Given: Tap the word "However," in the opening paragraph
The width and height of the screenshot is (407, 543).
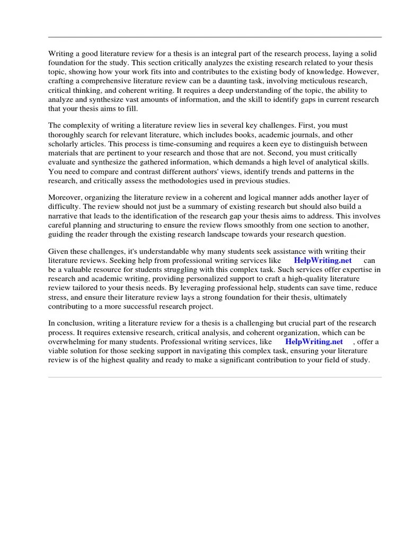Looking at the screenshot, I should tap(366, 71).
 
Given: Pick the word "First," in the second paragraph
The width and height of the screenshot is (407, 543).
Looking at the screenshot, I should tap(308, 125).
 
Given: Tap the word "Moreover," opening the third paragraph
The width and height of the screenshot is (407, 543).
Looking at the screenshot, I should tap(66, 198).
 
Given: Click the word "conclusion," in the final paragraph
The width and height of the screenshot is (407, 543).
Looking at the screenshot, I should tap(78, 323).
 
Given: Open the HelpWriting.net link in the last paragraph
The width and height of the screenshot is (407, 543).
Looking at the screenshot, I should tap(314, 342).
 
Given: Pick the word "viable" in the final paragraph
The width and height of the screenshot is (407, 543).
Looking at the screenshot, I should tap(59, 351).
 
